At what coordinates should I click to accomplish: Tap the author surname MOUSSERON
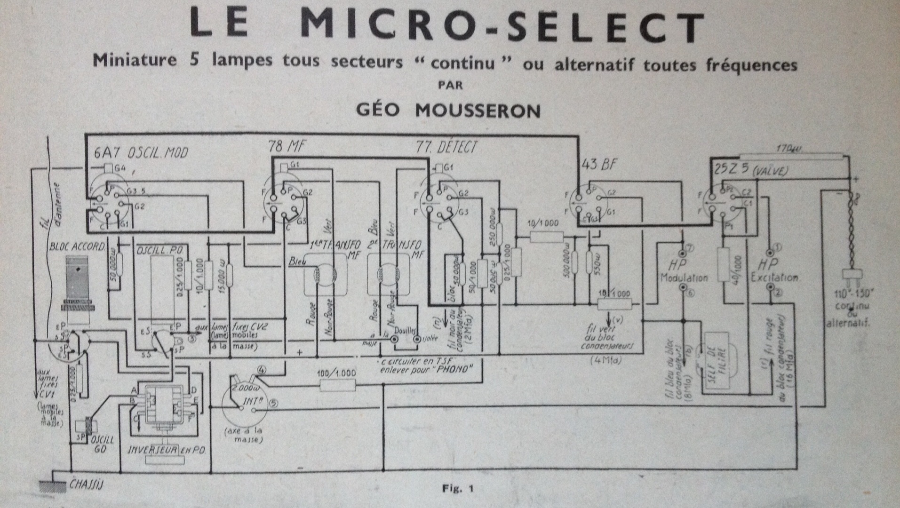pyautogui.click(x=478, y=110)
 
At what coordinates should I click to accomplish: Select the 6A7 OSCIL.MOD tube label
pyautogui.click(x=141, y=152)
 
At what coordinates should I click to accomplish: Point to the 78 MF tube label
pyautogui.click(x=287, y=147)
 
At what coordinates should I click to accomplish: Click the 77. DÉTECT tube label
pyautogui.click(x=446, y=147)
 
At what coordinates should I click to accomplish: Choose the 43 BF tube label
pyautogui.click(x=599, y=164)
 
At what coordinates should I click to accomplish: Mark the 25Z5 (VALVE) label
pyautogui.click(x=750, y=170)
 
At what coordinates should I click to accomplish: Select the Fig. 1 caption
pyautogui.click(x=457, y=489)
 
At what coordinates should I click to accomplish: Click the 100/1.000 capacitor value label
pyautogui.click(x=337, y=373)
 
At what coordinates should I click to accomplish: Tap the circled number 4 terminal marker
pyautogui.click(x=262, y=370)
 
